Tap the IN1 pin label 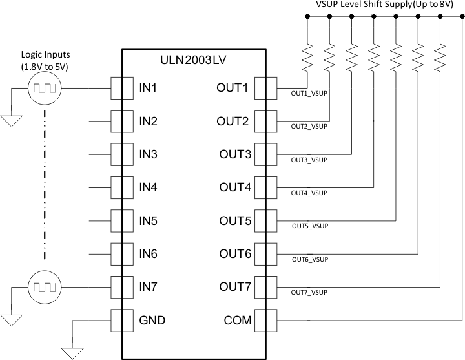point(149,87)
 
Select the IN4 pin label point(149,187)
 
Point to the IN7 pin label point(149,286)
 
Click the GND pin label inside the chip point(152,320)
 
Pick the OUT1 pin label point(232,87)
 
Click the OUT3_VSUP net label point(309,159)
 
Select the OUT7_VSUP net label point(309,293)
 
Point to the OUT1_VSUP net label point(309,92)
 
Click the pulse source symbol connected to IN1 point(45,87)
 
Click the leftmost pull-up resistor point(307,56)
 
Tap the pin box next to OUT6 point(265,253)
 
